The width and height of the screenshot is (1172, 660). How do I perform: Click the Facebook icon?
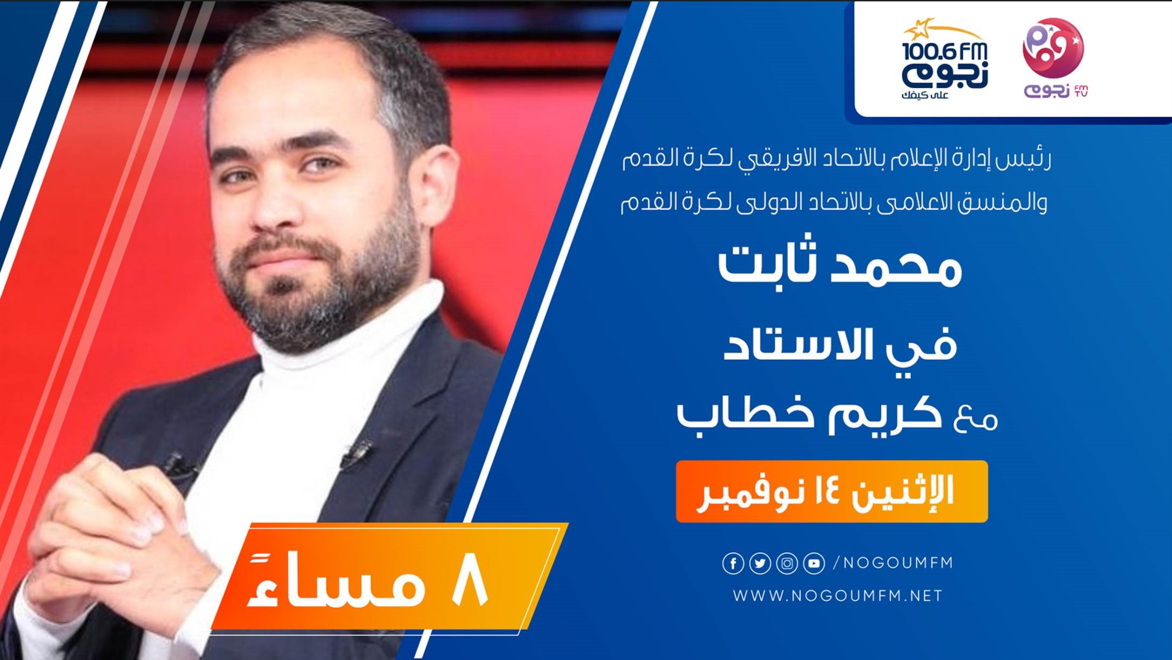coord(733,564)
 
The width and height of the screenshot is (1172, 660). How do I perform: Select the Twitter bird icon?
coord(760,564)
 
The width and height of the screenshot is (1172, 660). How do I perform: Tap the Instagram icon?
coord(787,564)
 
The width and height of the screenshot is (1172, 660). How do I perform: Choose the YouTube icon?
coord(814,564)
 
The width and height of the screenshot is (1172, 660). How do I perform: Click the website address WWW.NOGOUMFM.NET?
coord(837,596)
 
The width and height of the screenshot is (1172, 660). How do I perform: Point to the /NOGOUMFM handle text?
coord(893,563)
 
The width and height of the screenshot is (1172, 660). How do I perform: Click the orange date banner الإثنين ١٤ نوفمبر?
coord(831,491)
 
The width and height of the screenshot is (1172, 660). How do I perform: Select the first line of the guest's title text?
coord(836,160)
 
